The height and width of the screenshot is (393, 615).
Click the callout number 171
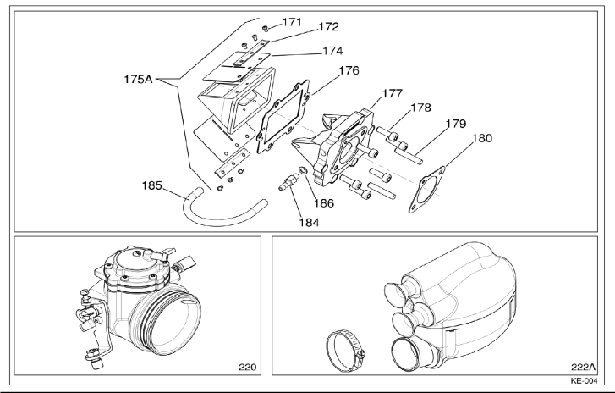(x=292, y=22)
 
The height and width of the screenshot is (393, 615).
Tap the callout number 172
(x=328, y=27)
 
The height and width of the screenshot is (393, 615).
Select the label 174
(x=332, y=51)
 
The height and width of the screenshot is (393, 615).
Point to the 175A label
(x=138, y=80)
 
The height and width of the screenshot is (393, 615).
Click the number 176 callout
(x=349, y=70)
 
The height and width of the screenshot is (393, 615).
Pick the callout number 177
(x=393, y=94)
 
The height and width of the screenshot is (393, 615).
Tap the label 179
(x=456, y=124)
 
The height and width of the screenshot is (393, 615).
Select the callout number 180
(x=481, y=138)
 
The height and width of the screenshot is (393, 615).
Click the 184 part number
(x=310, y=223)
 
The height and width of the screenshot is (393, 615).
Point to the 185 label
(x=151, y=185)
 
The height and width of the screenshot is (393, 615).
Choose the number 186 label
(x=324, y=203)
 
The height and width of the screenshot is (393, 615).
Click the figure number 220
(x=248, y=367)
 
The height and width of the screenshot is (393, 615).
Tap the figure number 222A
(x=583, y=367)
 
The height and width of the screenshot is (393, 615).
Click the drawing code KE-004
(x=585, y=381)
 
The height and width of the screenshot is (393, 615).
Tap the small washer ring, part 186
(x=303, y=171)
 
